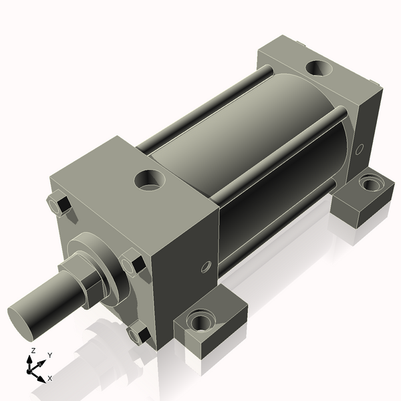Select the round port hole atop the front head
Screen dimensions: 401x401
point(148,180)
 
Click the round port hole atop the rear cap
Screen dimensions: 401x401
point(318,68)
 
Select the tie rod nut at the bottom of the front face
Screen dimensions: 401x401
point(138,331)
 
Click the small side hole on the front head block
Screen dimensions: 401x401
point(206,267)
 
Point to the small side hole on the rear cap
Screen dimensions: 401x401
point(360,148)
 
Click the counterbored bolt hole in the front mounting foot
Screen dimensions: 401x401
point(199,321)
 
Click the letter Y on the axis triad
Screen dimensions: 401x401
point(49,356)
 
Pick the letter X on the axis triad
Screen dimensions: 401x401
point(49,378)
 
